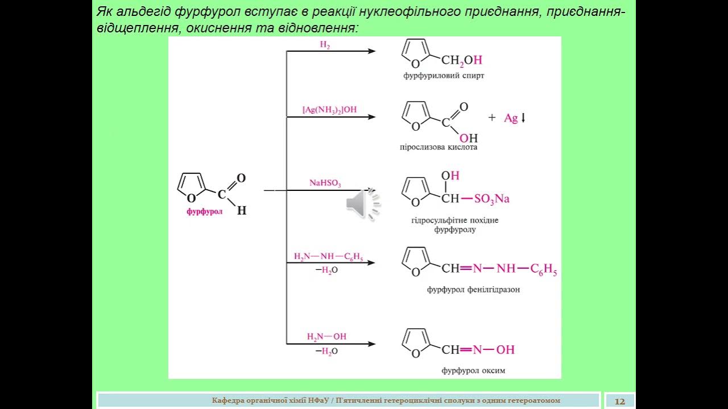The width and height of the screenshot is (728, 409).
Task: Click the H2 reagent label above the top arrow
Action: click(x=325, y=45)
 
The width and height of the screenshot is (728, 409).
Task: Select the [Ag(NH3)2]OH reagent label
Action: click(x=329, y=110)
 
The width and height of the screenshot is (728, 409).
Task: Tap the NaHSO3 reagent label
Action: click(x=325, y=183)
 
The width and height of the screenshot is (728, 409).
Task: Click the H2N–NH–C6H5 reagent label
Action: click(x=328, y=256)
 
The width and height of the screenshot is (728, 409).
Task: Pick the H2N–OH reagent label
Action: click(x=326, y=336)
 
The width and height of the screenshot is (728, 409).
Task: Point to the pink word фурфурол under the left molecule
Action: click(x=204, y=212)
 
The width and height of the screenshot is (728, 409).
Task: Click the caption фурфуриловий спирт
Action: click(x=444, y=76)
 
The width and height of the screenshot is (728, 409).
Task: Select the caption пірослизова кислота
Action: click(x=439, y=147)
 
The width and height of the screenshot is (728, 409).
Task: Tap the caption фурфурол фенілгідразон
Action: click(x=473, y=289)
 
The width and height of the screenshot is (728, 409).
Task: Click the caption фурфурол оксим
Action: click(x=473, y=371)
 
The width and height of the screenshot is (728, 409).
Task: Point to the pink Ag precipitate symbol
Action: click(x=511, y=118)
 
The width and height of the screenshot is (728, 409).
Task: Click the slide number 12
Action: click(x=619, y=401)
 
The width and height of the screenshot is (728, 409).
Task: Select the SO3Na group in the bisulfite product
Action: click(x=491, y=199)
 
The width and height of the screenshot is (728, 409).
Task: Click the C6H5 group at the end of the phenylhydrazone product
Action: click(x=543, y=270)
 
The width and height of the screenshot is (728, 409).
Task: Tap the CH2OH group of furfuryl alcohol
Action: click(x=461, y=60)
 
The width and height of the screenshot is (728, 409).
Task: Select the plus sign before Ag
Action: click(x=492, y=118)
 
